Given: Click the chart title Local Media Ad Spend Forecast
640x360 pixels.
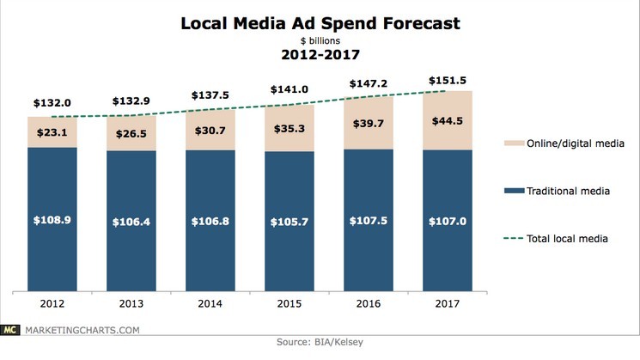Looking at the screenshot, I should (319, 23).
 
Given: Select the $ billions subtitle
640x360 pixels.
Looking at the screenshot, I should (319, 40).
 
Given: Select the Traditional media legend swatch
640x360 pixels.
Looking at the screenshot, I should (489, 192).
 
